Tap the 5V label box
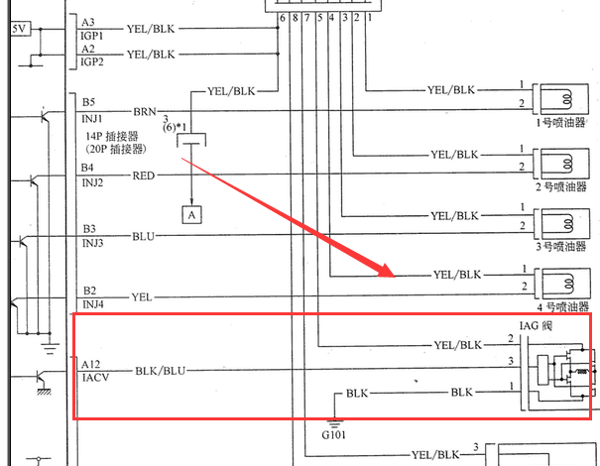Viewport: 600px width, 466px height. pyautogui.click(x=19, y=29)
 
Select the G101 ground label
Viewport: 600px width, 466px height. pyautogui.click(x=333, y=433)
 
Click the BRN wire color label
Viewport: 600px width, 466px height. pyautogui.click(x=144, y=112)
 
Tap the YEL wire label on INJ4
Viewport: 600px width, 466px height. pyautogui.click(x=142, y=296)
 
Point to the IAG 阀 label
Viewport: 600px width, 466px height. pyautogui.click(x=539, y=325)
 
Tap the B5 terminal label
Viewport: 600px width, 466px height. pyautogui.click(x=88, y=101)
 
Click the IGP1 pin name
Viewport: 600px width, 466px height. pyautogui.click(x=91, y=34)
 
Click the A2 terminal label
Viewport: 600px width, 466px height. pyautogui.click(x=88, y=49)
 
